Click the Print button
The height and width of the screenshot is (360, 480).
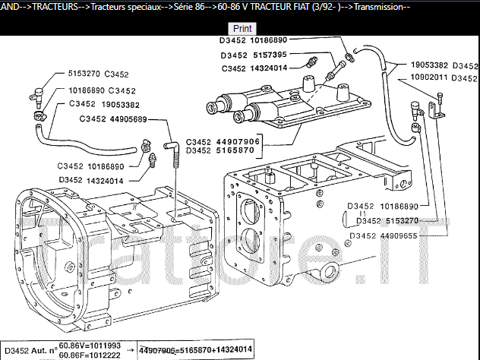point(243,28)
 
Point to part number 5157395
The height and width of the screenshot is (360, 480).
point(265,55)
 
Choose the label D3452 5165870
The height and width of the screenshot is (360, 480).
point(223,150)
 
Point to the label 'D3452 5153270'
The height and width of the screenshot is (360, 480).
point(390,220)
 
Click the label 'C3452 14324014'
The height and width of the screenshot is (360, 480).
point(254,68)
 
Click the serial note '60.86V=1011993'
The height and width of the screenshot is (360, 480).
point(92,344)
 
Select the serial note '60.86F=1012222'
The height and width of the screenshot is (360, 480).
point(92,355)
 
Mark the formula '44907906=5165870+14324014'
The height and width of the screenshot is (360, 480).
point(195,349)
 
